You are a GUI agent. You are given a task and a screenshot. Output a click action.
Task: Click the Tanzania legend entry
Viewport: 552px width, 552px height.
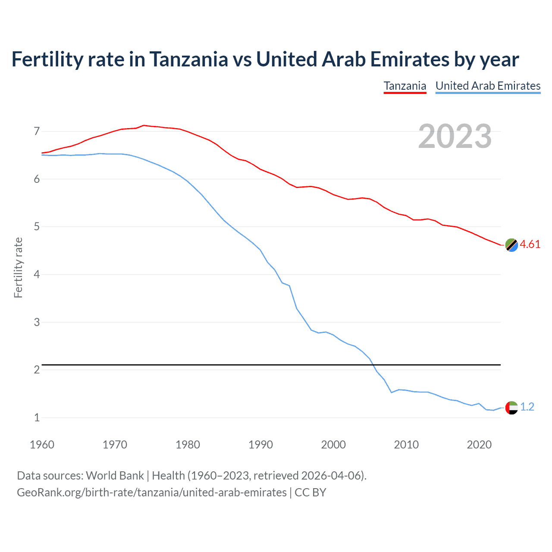405,86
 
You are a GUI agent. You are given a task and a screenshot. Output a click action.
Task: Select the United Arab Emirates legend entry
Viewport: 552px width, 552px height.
488,86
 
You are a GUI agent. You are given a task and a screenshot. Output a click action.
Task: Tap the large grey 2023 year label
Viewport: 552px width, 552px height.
455,136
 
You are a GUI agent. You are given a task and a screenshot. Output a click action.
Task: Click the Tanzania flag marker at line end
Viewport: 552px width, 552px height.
511,245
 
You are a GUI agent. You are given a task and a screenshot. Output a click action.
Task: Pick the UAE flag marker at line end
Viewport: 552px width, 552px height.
511,407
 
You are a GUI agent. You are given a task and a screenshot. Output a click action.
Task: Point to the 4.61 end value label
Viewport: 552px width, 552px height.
530,244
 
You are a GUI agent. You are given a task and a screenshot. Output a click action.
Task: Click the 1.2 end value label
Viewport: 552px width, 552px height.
527,407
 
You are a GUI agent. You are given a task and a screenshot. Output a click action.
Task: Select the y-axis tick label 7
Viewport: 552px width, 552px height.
37,131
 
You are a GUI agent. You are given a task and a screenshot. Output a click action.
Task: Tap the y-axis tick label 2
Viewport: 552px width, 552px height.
37,370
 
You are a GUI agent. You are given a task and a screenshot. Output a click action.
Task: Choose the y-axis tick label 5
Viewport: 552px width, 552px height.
37,227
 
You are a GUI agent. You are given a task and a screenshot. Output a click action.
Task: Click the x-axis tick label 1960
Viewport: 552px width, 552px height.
42,445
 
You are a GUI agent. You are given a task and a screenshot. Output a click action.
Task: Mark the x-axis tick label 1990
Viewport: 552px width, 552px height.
260,445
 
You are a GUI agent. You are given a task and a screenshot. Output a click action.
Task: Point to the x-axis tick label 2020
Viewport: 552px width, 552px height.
479,445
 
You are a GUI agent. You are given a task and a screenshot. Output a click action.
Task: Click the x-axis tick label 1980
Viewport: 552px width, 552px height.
188,445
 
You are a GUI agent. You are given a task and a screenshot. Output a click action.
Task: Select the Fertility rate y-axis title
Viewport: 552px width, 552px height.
18,267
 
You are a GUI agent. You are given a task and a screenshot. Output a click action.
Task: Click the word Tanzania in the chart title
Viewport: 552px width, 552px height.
188,60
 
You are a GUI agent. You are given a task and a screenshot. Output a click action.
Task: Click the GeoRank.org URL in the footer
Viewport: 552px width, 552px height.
151,492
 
